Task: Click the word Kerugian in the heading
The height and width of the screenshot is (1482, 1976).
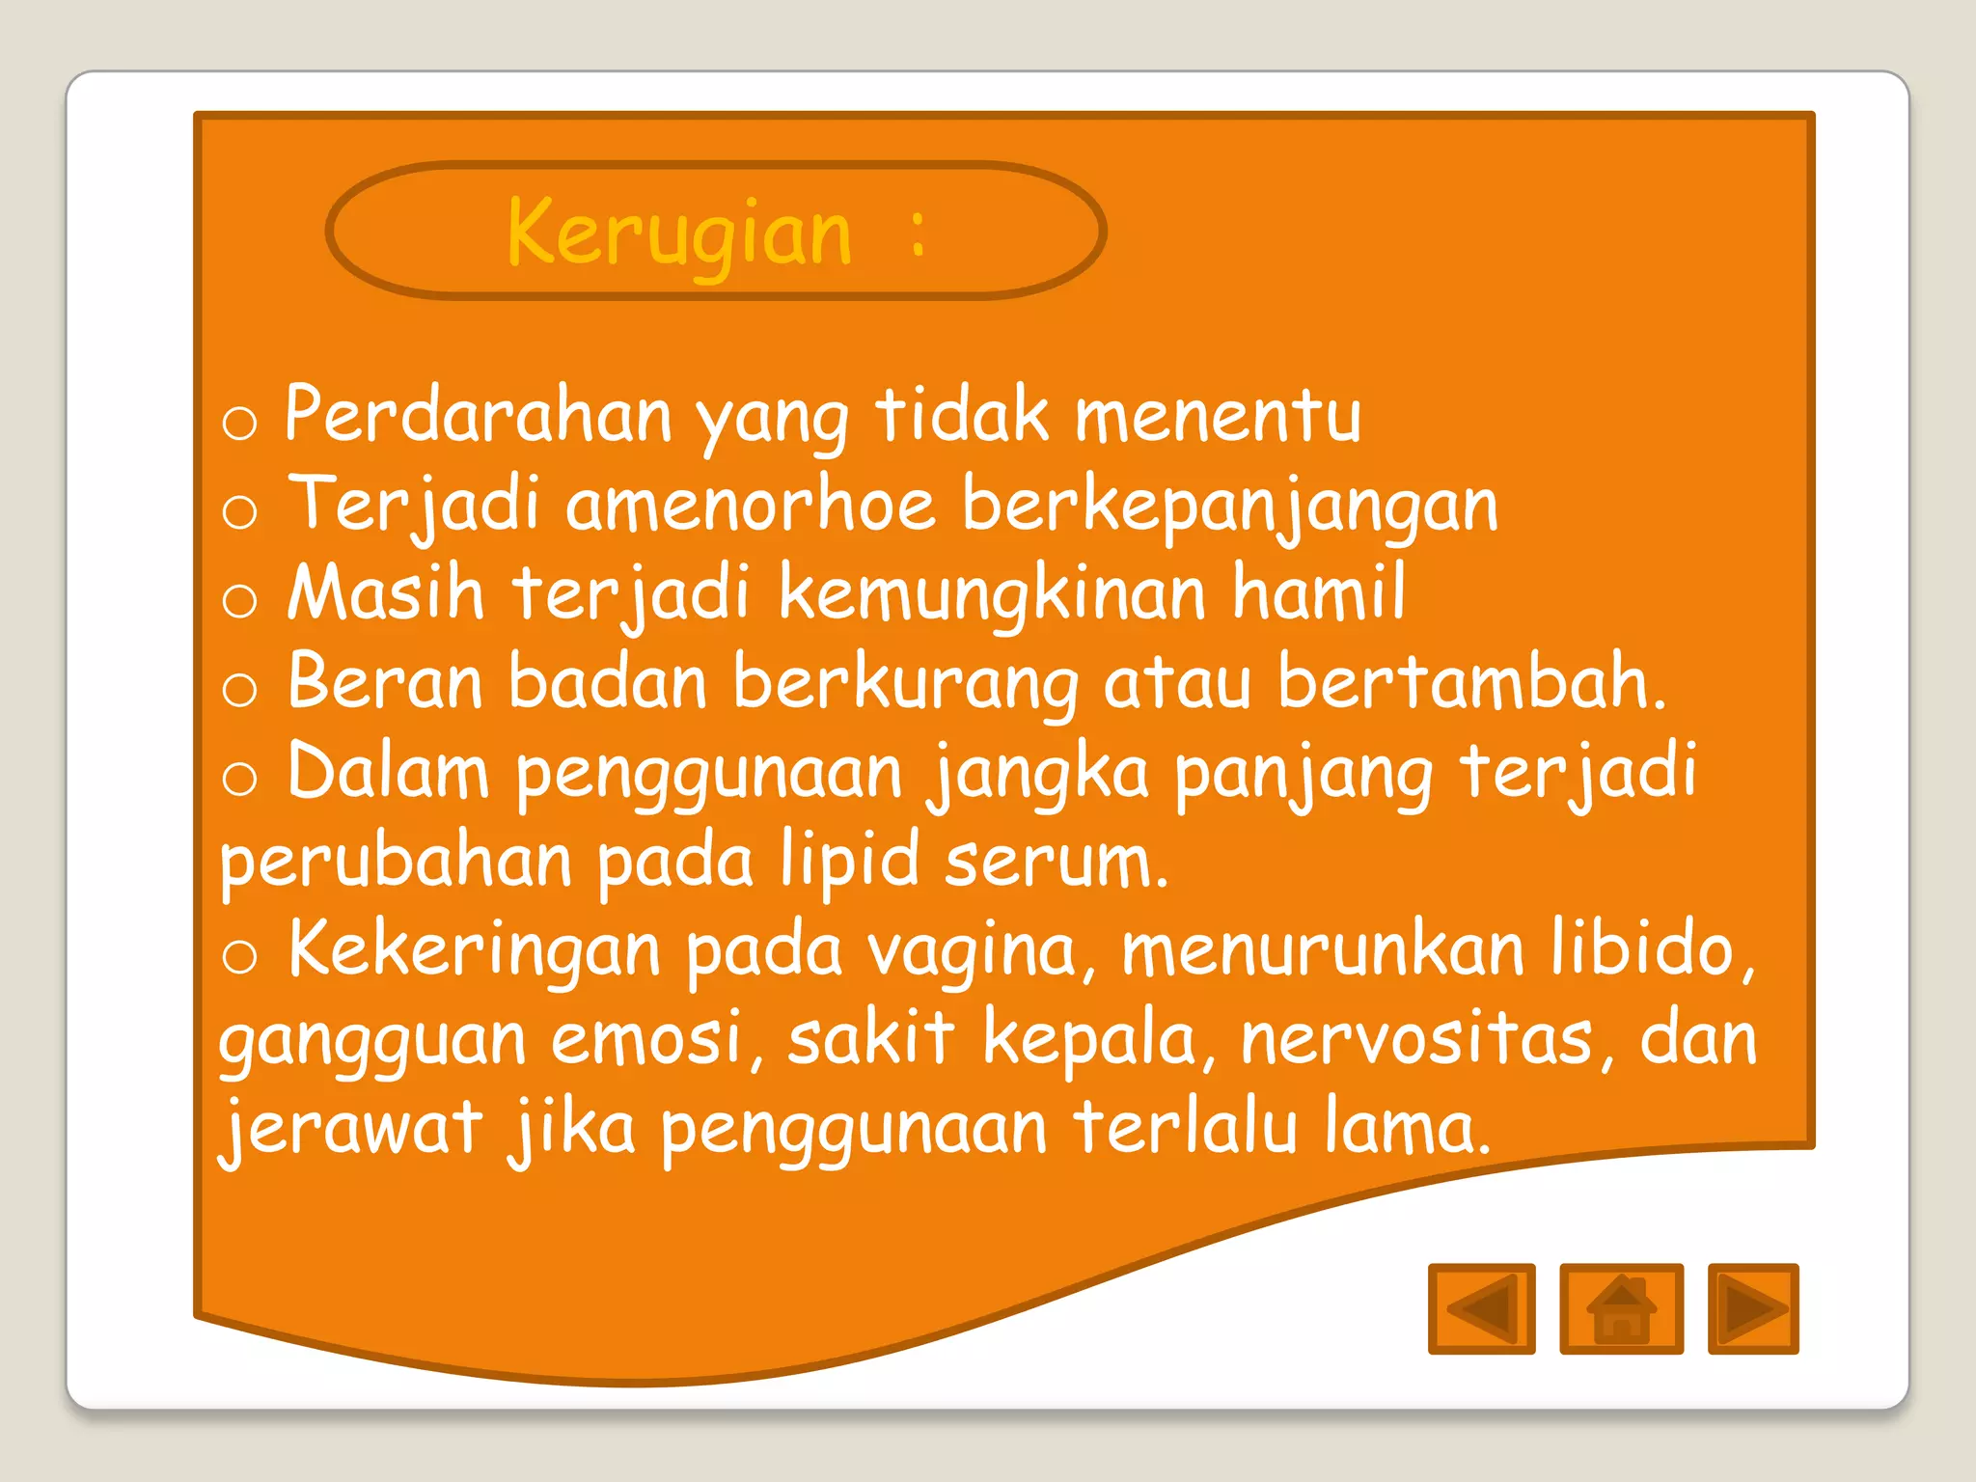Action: (x=679, y=234)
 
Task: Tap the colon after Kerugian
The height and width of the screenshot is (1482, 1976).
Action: (x=918, y=234)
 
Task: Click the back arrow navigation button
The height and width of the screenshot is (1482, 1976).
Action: (x=1481, y=1308)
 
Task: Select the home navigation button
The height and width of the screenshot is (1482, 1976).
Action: (x=1621, y=1308)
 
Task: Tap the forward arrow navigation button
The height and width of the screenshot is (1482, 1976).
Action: (x=1752, y=1308)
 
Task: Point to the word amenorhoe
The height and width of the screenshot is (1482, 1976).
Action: (x=751, y=506)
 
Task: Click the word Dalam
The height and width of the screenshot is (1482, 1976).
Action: (x=388, y=772)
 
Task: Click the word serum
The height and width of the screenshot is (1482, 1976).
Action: (x=1057, y=861)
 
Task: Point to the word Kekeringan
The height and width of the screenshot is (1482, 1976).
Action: (x=475, y=951)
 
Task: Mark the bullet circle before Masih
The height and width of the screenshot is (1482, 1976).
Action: (x=239, y=601)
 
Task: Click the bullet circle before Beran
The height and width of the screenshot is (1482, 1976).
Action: (x=239, y=690)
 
